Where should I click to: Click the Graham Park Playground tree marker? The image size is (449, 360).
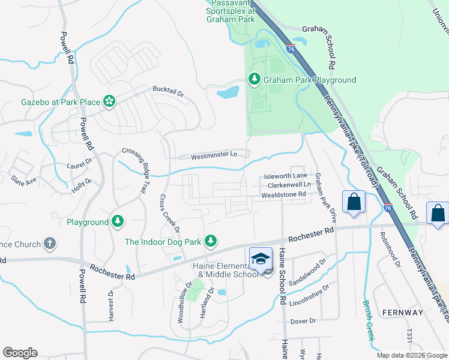tap(254, 80)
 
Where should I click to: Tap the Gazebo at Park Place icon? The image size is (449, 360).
tap(109, 102)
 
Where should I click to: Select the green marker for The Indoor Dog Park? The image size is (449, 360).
tap(210, 241)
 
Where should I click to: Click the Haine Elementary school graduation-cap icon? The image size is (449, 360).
tap(261, 259)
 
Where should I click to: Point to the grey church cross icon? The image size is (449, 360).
tap(50, 244)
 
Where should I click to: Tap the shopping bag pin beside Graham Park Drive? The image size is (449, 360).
tap(354, 202)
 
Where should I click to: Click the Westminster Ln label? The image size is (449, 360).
tap(214, 156)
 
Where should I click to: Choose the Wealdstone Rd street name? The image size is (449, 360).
tap(283, 194)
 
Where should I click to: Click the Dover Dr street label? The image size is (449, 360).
tap(303, 322)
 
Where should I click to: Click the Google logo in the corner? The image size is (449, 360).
tap(20, 353)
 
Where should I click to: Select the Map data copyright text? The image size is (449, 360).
tap(411, 355)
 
